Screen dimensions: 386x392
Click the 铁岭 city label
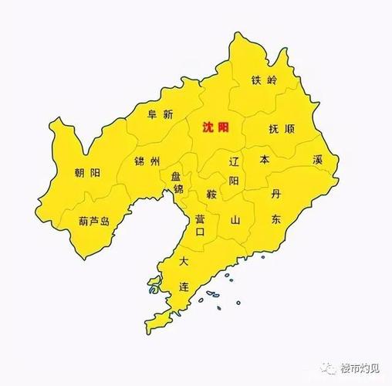tap(264, 80)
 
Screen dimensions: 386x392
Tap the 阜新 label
tap(161, 113)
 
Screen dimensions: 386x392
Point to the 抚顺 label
tap(281, 129)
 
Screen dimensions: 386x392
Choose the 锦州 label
tap(147, 161)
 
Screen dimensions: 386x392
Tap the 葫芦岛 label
tap(94, 221)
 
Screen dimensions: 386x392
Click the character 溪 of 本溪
tap(317, 160)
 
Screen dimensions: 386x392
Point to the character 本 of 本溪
tap(265, 160)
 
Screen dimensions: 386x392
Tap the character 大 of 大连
tap(184, 262)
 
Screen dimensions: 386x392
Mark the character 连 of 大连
tap(184, 286)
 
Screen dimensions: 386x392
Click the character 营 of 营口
tap(200, 219)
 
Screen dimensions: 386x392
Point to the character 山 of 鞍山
tap(235, 220)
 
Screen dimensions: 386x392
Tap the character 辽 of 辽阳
tap(235, 162)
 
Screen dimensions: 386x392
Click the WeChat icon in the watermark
tap(329, 368)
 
